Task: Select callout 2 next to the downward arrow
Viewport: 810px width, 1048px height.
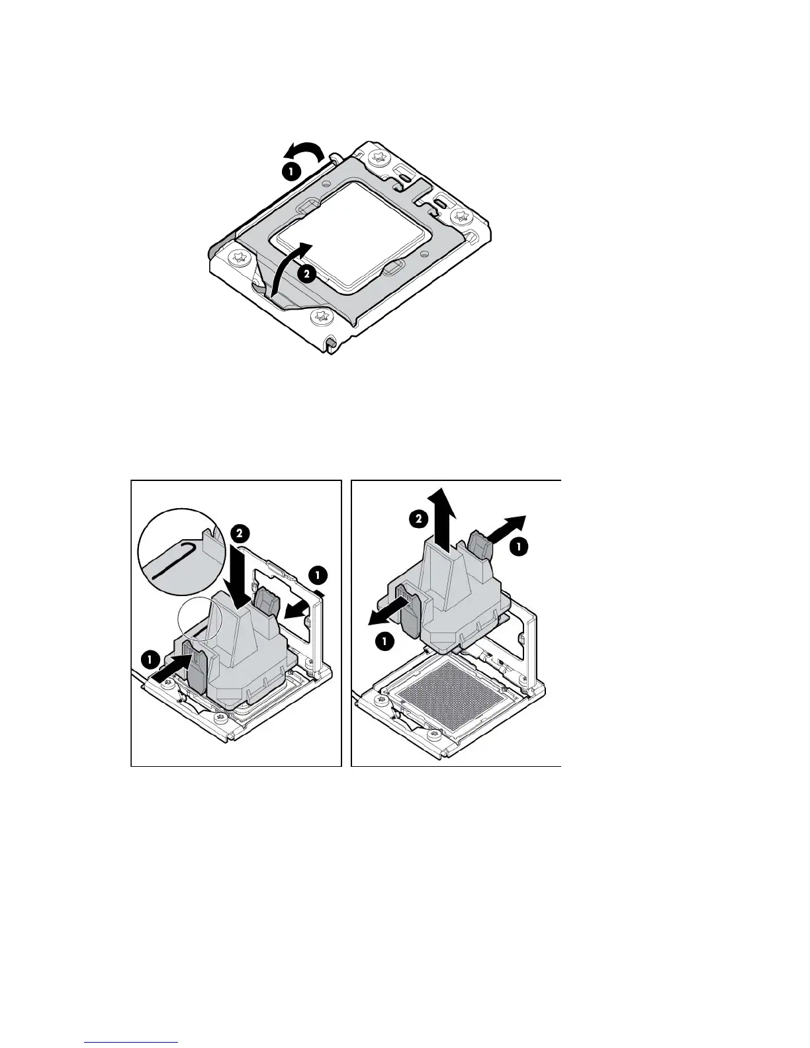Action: point(240,533)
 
